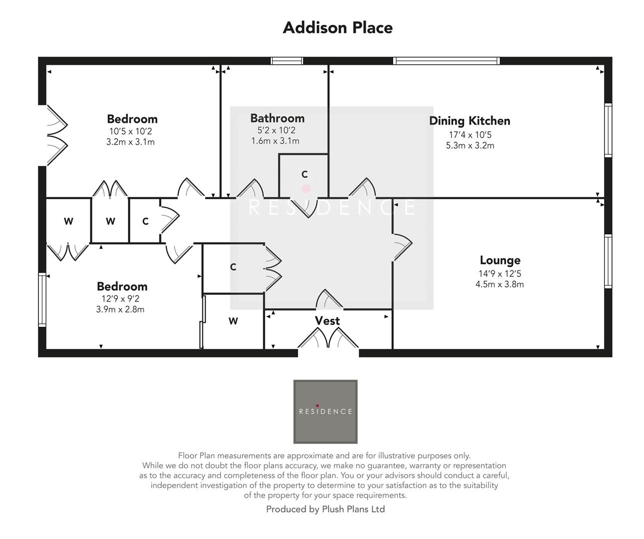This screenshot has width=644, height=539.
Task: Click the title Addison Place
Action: pyautogui.click(x=338, y=27)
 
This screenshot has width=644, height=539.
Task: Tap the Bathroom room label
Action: pyautogui.click(x=277, y=118)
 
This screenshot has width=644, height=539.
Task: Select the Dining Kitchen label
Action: pyautogui.click(x=470, y=121)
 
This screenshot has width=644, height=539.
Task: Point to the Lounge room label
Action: pyautogui.click(x=500, y=260)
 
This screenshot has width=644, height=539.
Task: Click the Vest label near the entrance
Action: pyautogui.click(x=327, y=321)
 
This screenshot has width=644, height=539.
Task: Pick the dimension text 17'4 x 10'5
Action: pyautogui.click(x=470, y=135)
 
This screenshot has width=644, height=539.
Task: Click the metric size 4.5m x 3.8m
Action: pyautogui.click(x=500, y=284)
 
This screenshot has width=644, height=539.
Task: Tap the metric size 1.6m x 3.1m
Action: pyautogui.click(x=275, y=141)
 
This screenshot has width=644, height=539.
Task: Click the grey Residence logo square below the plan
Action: pyautogui.click(x=325, y=412)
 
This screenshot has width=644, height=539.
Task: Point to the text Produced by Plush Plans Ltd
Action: pyautogui.click(x=325, y=509)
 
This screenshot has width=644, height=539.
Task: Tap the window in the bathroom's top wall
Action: pyautogui.click(x=287, y=61)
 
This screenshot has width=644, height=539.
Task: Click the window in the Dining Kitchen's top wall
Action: pyautogui.click(x=446, y=61)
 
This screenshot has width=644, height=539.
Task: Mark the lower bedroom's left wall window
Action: pyautogui.click(x=42, y=299)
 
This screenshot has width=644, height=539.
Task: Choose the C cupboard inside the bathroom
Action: pyautogui.click(x=304, y=175)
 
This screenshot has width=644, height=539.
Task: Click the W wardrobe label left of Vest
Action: pyautogui.click(x=233, y=321)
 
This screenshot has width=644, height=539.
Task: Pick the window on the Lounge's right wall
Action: pyautogui.click(x=608, y=262)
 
